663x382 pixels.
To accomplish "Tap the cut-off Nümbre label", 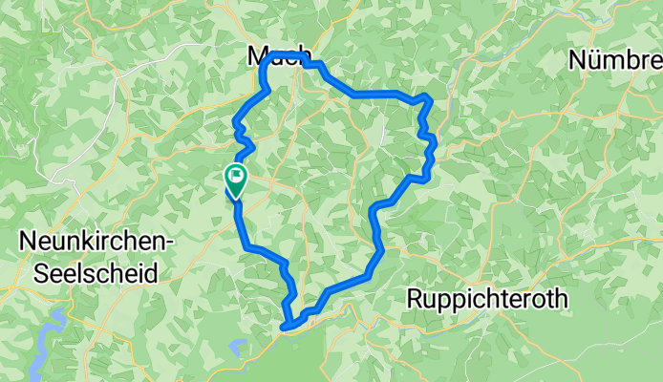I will (615, 60).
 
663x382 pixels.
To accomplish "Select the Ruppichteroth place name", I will (487, 299).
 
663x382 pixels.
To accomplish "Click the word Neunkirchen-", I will (96, 244).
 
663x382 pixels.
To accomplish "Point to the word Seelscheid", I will (96, 273).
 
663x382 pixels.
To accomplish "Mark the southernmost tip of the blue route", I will (287, 329).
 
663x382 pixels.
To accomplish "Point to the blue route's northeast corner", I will (431, 98).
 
